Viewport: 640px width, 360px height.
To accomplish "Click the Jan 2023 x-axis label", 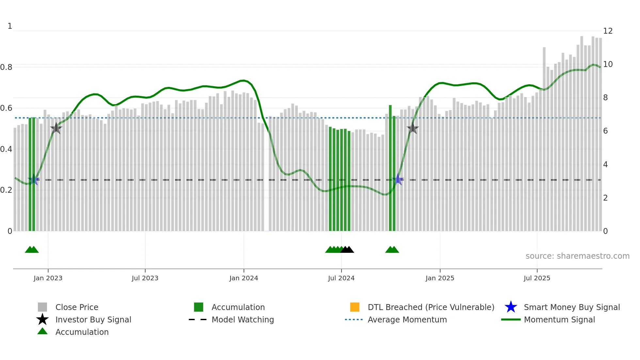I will coord(48,278).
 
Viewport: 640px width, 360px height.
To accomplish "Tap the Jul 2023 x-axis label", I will coord(145,278).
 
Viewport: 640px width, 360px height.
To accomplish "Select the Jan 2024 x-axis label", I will coord(244,278).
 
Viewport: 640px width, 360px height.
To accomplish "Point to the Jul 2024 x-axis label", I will coord(341,278).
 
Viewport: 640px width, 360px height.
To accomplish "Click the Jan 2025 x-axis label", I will coord(440,278).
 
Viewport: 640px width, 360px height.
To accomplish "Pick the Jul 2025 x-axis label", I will coord(537,278).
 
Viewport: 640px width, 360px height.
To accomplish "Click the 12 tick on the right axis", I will coord(608,31).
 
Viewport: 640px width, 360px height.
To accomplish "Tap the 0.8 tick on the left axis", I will coord(7,67).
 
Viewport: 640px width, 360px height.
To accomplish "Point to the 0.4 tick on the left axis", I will coord(7,149).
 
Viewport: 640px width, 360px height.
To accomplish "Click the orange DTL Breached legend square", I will coord(355,307).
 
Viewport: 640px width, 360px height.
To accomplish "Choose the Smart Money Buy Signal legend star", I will coord(511,307).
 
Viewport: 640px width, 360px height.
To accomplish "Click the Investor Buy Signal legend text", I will coord(93,320).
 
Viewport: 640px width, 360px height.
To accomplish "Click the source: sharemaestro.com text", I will coord(577,256).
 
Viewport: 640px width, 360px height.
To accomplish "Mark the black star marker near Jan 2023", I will coord(56,128).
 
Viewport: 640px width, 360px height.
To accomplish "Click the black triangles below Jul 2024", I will coord(347,250).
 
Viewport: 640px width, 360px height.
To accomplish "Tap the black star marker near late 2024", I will coord(413,128).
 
